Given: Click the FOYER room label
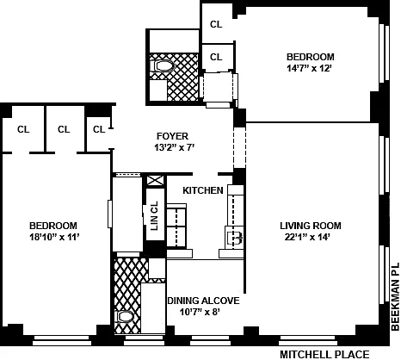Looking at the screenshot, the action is [x=172, y=136].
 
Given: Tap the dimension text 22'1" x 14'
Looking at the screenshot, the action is [x=307, y=237].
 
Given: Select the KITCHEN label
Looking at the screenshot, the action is [x=203, y=190].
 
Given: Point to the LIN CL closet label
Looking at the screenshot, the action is [x=154, y=215].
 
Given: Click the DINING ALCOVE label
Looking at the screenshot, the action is [x=203, y=301].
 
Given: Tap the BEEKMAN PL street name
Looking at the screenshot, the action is [x=395, y=296].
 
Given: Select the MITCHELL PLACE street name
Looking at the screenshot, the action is [x=324, y=355].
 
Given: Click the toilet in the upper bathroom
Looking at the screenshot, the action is [x=163, y=66].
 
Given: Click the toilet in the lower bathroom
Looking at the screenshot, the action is [x=125, y=317].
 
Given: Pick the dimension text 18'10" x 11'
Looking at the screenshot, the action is [x=54, y=237].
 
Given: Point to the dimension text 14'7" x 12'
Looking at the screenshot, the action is [x=309, y=68].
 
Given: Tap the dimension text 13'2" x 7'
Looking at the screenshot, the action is [x=175, y=147].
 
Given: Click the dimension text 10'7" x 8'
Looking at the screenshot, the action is [x=200, y=312].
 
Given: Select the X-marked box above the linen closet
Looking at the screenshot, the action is [x=155, y=181].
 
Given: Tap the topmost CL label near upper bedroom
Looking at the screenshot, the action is [x=216, y=24].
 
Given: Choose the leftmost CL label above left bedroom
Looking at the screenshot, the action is [x=23, y=129].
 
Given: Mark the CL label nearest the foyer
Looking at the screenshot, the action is [x=99, y=129].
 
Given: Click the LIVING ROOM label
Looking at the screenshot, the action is [x=311, y=226].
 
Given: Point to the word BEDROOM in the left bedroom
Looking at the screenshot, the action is [x=53, y=226].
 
